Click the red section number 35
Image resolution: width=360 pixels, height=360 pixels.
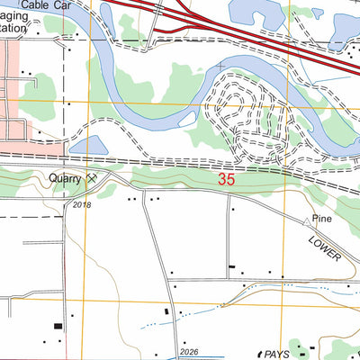point(228,180)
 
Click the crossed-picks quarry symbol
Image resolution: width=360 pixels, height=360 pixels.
point(91,179)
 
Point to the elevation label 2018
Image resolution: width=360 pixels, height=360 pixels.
point(82,205)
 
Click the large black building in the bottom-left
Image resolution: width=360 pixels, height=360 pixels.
point(59,326)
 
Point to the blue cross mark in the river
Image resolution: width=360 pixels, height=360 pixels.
point(220,66)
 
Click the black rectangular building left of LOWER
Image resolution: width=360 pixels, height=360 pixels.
point(233,267)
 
